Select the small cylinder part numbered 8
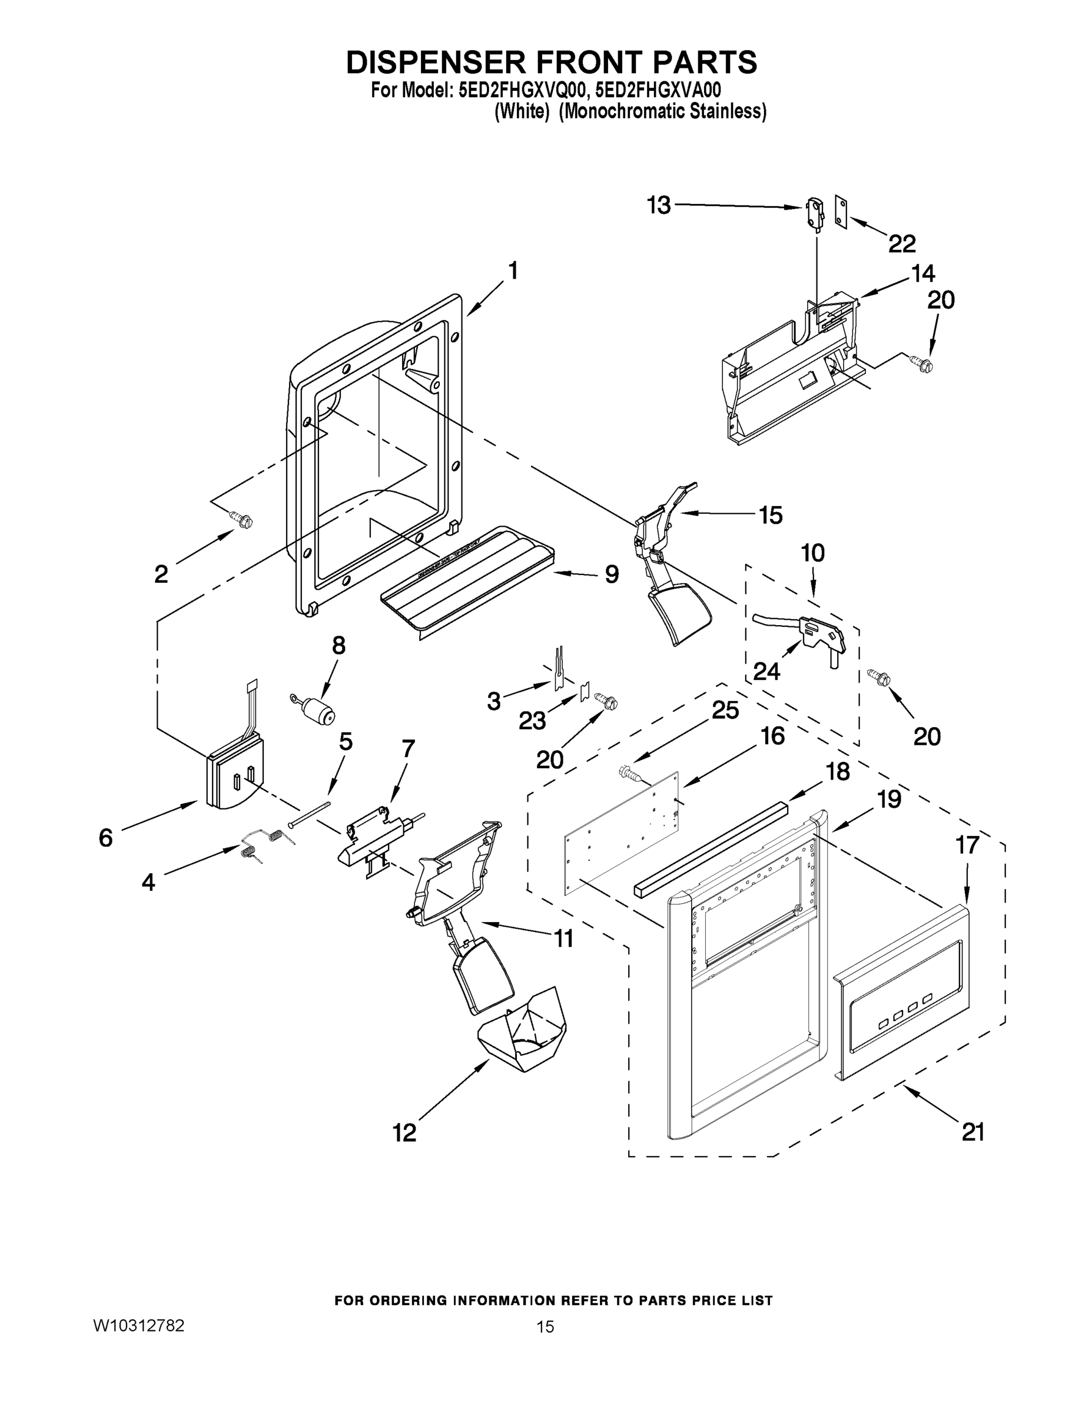tap(318, 709)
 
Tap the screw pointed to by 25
tap(630, 772)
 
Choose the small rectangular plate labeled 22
tap(841, 212)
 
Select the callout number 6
tap(105, 838)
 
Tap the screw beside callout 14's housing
tap(923, 365)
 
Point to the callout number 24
tap(766, 672)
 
